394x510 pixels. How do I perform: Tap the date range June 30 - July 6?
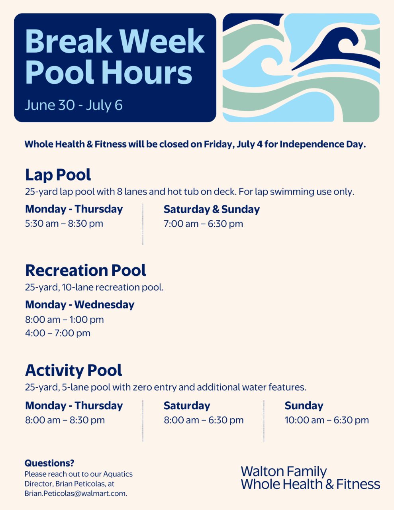click(x=73, y=105)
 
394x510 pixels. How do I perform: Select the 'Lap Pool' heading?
click(x=58, y=175)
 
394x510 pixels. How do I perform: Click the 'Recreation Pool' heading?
click(x=85, y=271)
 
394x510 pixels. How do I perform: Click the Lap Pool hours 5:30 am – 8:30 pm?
click(x=64, y=224)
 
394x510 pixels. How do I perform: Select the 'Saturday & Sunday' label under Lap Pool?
click(x=212, y=209)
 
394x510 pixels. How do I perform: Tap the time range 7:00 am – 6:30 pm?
click(x=203, y=224)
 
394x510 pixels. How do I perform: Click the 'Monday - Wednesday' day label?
click(x=80, y=305)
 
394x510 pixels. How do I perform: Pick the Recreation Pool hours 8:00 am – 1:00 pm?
click(x=64, y=320)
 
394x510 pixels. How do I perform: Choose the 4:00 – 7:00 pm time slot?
click(x=58, y=333)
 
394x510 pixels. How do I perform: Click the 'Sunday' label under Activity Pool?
click(x=304, y=406)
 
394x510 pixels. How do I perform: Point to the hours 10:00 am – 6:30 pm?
click(x=327, y=420)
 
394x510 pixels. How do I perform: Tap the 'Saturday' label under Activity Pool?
click(x=187, y=406)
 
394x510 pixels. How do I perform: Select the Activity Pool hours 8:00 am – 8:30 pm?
click(x=65, y=420)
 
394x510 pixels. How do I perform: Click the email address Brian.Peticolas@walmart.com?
click(x=76, y=494)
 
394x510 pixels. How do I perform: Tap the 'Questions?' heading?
click(x=49, y=463)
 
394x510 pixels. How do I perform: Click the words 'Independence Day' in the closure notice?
click(x=323, y=144)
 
